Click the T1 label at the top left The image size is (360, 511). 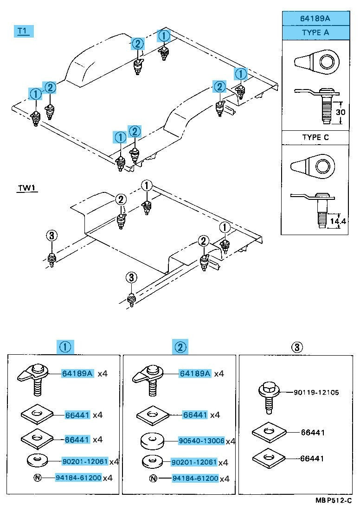(23, 32)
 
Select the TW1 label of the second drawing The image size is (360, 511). (27, 188)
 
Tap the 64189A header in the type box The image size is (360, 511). (315, 19)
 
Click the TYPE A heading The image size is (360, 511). (315, 33)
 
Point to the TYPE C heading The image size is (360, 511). (315, 138)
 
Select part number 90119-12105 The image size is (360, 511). (316, 392)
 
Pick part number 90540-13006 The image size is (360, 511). (201, 441)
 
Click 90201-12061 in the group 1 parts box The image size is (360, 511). (85, 461)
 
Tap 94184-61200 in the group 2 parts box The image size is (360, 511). (195, 478)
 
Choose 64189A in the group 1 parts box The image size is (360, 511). (78, 373)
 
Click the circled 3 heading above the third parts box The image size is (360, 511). (297, 346)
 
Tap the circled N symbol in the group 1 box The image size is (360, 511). (37, 478)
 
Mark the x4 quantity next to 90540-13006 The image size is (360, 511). (231, 441)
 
